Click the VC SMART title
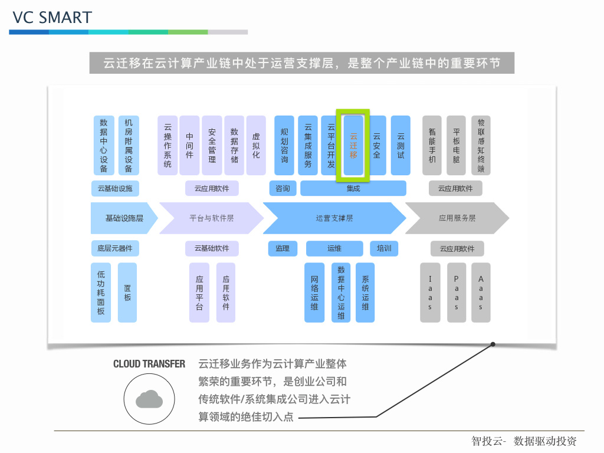[x=52, y=18]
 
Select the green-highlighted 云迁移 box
[x=353, y=146]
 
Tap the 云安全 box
[x=377, y=146]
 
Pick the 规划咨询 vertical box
[x=284, y=146]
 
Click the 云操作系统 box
[x=168, y=146]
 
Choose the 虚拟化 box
[x=256, y=146]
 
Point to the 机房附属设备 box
[x=129, y=146]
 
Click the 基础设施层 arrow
[x=124, y=218]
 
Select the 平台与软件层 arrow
[x=212, y=218]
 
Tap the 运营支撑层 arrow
[x=334, y=218]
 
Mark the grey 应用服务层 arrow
[x=457, y=218]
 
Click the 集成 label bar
[x=353, y=188]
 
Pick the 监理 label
[x=283, y=248]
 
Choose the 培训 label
[x=384, y=248]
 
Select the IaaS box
[x=430, y=293]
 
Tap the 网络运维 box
[x=314, y=293]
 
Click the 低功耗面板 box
[x=101, y=293]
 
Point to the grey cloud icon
[x=149, y=399]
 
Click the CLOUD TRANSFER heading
[x=149, y=364]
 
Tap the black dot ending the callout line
[x=493, y=344]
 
